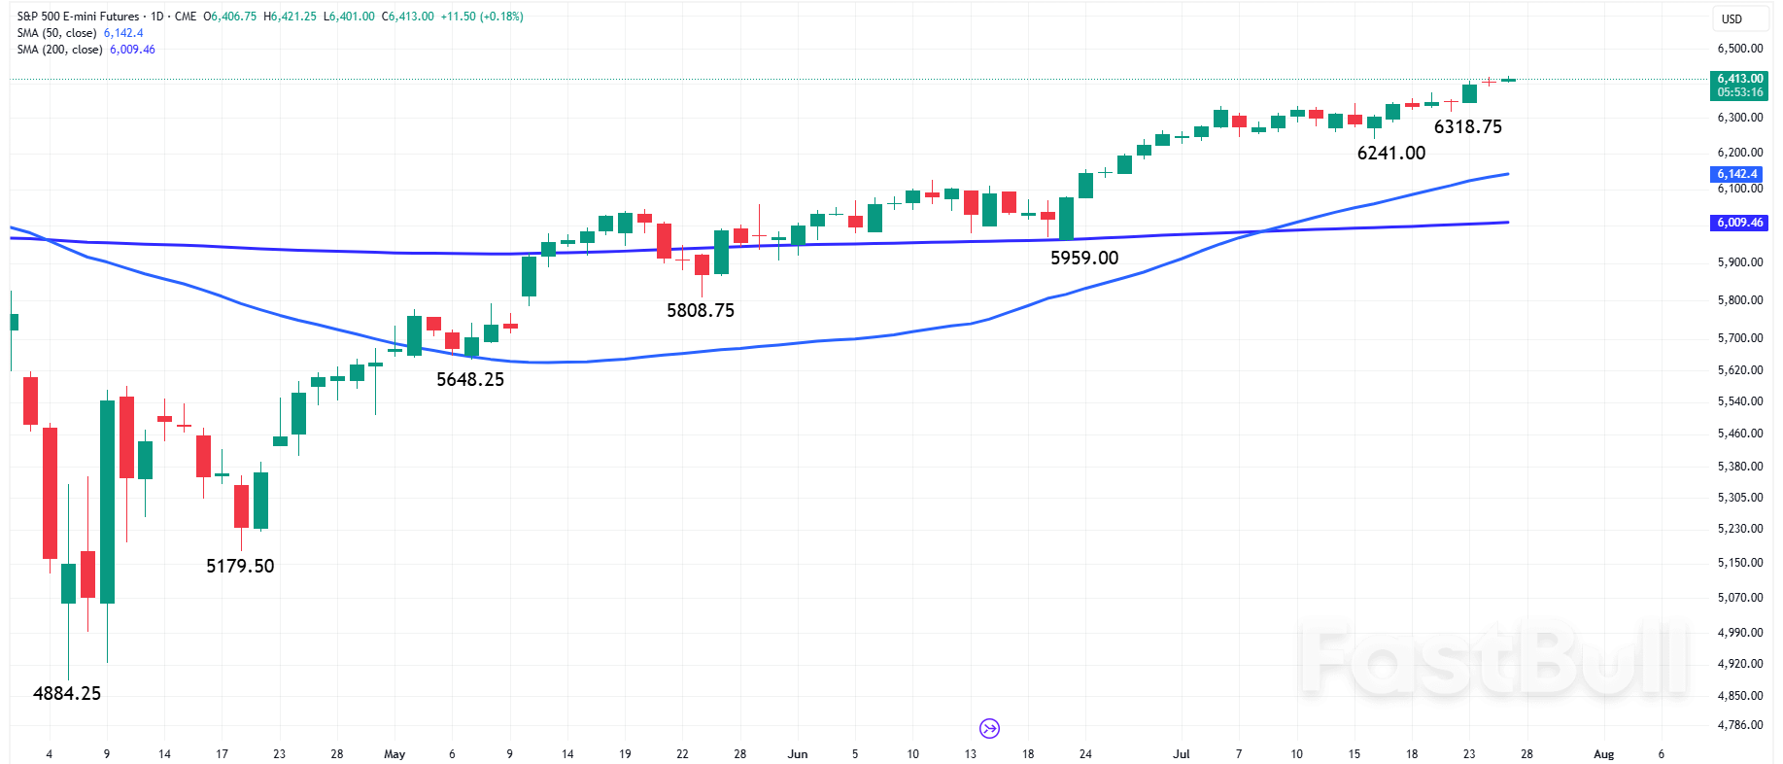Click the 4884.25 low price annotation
(67, 693)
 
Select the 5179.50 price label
(240, 566)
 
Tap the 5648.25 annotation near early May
(470, 379)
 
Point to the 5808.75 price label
(701, 310)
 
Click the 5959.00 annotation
(1084, 258)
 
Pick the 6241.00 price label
(1391, 153)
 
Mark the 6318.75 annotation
(1468, 126)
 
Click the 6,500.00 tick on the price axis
(1739, 49)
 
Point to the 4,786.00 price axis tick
(1739, 725)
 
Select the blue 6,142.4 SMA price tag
(1737, 174)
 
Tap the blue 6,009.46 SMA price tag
(1738, 223)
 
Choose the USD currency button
(1732, 18)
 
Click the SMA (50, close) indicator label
(56, 33)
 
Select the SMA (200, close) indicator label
(59, 50)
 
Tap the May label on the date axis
(394, 754)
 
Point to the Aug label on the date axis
(1603, 754)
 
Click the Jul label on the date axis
(1181, 754)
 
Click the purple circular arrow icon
(989, 728)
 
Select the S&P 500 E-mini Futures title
(78, 17)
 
